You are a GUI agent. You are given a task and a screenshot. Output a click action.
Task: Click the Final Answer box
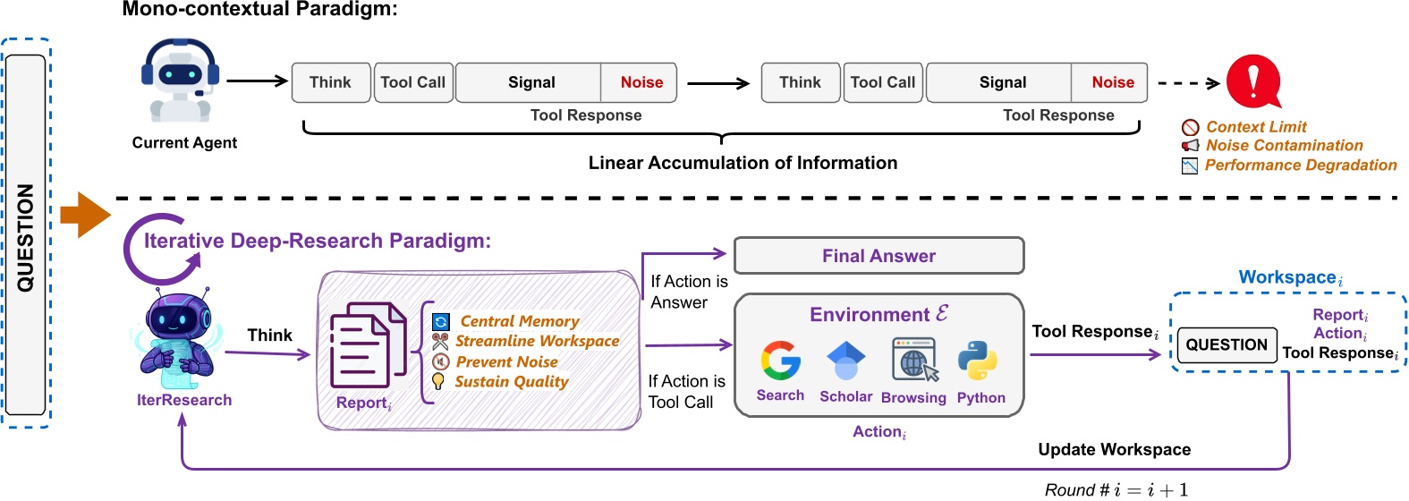point(879,256)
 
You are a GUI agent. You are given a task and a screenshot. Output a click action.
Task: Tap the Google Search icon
point(780,361)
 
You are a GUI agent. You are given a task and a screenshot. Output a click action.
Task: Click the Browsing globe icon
point(913,360)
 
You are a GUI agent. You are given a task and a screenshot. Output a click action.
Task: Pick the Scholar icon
point(845,361)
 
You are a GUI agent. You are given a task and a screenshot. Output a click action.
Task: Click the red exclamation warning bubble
point(1252,81)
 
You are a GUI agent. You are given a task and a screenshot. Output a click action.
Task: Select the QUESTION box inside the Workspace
point(1227,345)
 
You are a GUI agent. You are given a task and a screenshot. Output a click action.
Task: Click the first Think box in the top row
point(330,82)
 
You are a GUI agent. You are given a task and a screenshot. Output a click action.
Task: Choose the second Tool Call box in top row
point(882,82)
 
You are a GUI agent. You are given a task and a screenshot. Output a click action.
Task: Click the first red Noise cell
point(641,82)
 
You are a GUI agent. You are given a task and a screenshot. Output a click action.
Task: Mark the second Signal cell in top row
point(1002,82)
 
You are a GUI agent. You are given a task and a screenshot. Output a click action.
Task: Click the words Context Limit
point(1256,127)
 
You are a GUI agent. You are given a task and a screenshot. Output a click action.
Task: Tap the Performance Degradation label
point(1300,166)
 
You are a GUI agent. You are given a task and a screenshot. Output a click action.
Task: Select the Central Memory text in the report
point(519,321)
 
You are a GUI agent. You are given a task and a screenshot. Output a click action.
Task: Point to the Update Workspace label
point(1114,450)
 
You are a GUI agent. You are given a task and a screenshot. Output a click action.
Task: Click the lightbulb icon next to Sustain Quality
point(438,382)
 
